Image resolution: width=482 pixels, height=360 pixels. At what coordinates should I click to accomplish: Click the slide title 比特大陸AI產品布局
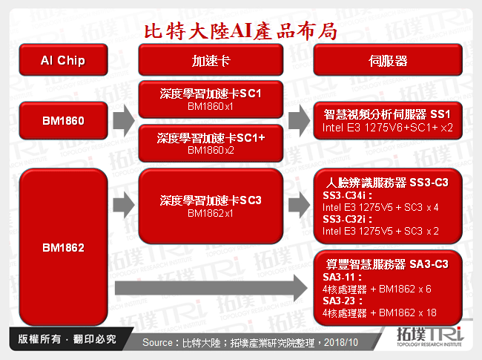click(x=240, y=30)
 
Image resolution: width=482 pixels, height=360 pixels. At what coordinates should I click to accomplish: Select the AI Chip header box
click(x=62, y=60)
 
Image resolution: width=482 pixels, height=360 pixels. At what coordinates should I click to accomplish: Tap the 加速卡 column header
click(x=211, y=60)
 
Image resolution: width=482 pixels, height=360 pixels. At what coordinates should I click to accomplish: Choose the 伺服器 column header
click(x=388, y=60)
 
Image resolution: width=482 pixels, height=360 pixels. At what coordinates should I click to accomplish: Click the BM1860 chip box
click(x=62, y=118)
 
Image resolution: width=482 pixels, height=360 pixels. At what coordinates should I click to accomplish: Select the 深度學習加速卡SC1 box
click(x=211, y=100)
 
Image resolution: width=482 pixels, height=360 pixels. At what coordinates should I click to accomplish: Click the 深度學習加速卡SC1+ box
click(x=211, y=143)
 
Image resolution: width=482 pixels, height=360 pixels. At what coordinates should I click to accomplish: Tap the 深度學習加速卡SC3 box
click(x=211, y=206)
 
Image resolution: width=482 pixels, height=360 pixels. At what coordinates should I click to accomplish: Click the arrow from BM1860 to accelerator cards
click(x=123, y=119)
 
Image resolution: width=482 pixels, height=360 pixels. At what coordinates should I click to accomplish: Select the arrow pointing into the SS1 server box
click(x=299, y=119)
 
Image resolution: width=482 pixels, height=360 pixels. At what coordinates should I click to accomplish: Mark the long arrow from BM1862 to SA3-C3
click(x=211, y=285)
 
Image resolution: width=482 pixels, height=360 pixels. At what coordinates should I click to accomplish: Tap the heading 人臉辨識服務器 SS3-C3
click(x=388, y=183)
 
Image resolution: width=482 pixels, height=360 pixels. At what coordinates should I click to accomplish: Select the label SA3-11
click(x=340, y=277)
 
